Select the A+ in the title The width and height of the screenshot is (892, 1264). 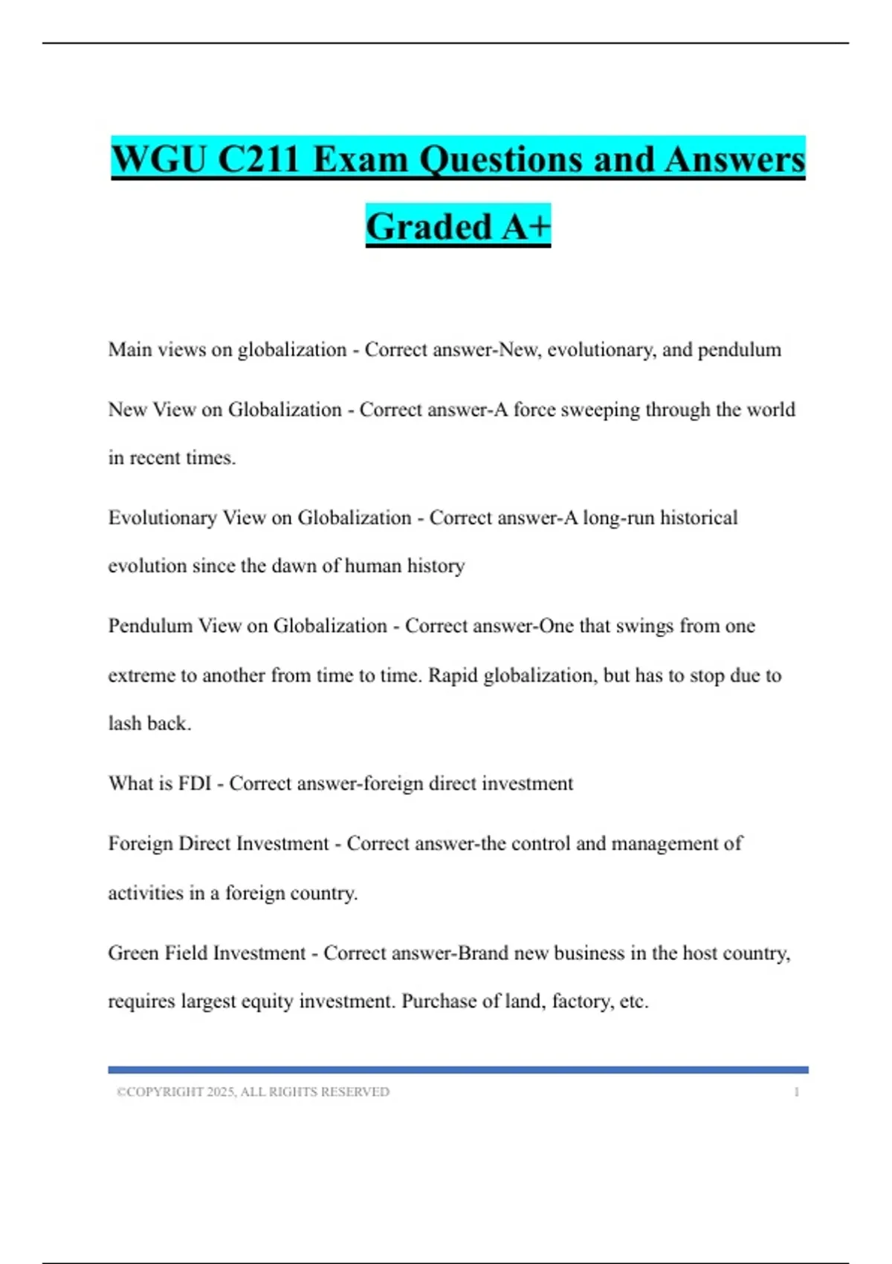(x=526, y=227)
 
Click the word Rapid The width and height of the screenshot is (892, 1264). (x=453, y=675)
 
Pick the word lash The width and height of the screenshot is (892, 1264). (x=125, y=723)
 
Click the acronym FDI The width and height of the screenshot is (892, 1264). (x=195, y=784)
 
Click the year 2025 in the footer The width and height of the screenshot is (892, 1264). (x=221, y=1092)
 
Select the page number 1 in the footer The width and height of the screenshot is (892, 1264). (x=796, y=1092)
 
